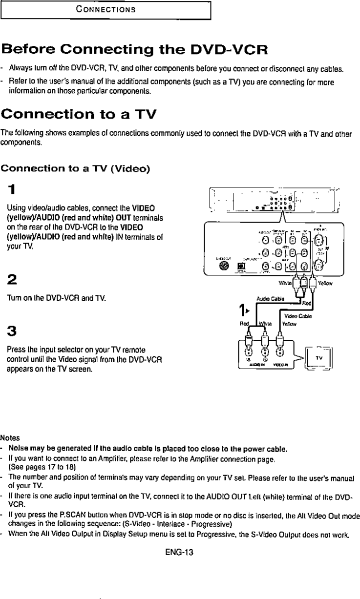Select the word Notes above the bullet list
[9, 438]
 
